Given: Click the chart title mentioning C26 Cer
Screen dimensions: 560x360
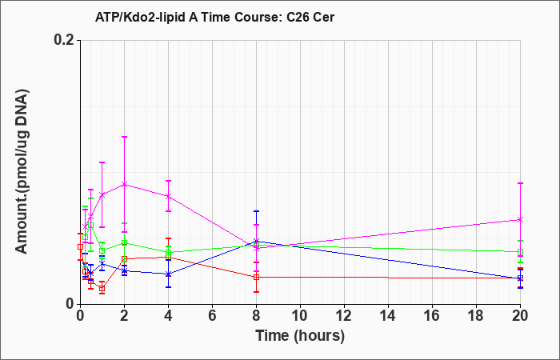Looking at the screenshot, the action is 214,17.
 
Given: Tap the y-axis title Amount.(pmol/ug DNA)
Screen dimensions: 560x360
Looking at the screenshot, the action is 22,172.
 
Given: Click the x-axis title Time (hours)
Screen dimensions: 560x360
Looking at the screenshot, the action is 300,336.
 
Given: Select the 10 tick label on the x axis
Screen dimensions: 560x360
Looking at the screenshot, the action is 300,316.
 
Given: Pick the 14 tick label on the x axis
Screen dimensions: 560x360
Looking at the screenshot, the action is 388,316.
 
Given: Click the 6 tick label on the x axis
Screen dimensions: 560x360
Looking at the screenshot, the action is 213,316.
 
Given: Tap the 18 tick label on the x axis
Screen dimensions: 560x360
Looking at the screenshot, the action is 477,316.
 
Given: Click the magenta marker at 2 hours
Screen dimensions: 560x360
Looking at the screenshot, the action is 124,184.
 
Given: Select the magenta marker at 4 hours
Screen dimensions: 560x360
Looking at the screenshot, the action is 168,196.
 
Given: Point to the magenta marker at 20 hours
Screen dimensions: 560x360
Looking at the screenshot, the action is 520,219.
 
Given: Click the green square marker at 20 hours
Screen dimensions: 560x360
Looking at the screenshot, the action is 520,252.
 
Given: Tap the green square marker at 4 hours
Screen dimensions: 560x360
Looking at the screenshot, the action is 168,253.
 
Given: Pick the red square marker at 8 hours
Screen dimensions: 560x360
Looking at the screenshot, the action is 257,277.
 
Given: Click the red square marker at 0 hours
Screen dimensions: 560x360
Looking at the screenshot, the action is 80,246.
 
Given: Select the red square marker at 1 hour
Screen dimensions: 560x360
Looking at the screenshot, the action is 102,289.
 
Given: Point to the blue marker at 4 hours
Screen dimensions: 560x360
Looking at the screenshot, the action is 168,274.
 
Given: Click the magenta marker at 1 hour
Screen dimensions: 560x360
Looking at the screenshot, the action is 102,194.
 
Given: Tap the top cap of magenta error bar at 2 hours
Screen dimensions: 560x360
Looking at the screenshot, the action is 124,137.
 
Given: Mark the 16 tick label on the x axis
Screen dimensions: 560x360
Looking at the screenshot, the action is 433,316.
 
